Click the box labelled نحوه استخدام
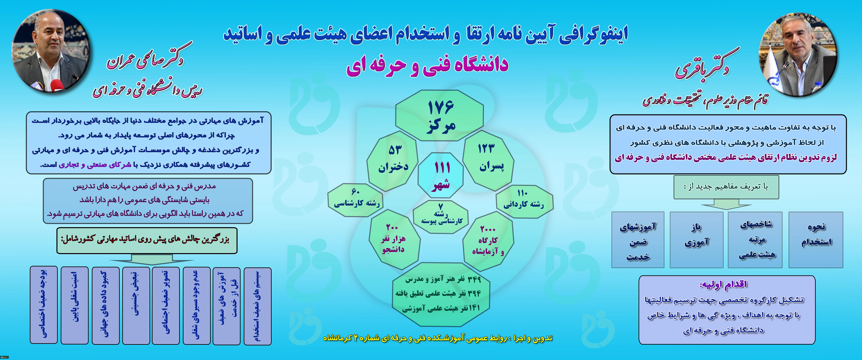click(816, 240)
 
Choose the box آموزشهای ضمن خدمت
click(638, 240)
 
